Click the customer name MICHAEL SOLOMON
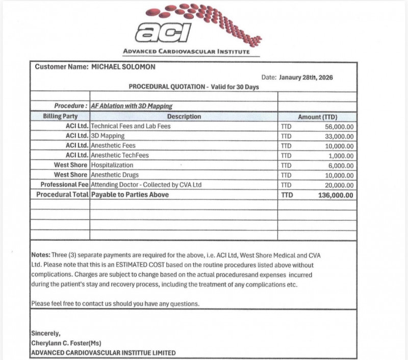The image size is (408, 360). click(123, 67)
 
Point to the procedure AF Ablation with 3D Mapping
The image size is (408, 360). click(132, 107)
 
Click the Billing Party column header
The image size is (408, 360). click(60, 117)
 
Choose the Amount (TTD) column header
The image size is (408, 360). click(317, 117)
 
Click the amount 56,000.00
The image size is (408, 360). click(339, 126)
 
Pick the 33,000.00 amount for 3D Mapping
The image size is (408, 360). click(339, 136)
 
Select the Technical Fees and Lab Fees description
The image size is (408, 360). click(131, 126)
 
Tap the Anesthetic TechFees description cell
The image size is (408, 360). click(120, 156)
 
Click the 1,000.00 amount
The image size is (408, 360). click(341, 156)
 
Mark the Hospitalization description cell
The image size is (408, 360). click(112, 165)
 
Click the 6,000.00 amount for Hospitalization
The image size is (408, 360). click(341, 165)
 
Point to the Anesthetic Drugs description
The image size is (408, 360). click(116, 175)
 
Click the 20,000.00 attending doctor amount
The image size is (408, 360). click(339, 185)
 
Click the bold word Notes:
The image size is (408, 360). click(41, 255)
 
